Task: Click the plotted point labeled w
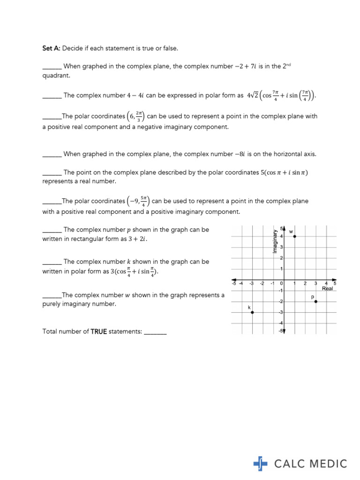pos(294,236)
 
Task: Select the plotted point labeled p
pos(316,301)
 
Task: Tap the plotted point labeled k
pos(252,312)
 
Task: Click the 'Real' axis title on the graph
pos(327,289)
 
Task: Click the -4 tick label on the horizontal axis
pos(241,283)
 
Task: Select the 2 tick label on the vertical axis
pos(282,258)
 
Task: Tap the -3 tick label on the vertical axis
pos(281,312)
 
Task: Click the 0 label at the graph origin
pos(282,283)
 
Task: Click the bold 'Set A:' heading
pos(52,48)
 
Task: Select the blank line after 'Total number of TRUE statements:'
pos(155,331)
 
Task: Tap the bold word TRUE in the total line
pos(99,331)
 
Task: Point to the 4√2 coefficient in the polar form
pos(253,96)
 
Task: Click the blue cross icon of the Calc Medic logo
pos(260,464)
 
